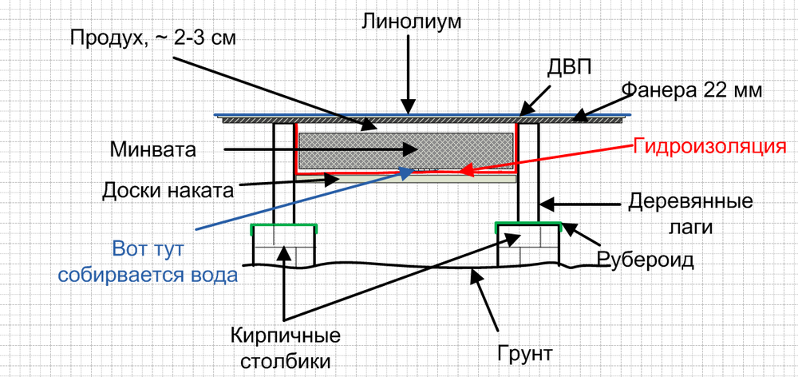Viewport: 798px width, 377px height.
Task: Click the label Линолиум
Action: coord(412,21)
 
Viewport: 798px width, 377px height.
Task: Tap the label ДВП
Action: coord(569,68)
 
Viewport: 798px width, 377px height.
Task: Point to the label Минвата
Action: coord(164,149)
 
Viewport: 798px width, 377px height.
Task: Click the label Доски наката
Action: coord(169,191)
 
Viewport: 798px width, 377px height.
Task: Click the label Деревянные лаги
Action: coord(690,212)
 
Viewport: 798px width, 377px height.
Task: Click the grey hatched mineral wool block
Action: coord(405,148)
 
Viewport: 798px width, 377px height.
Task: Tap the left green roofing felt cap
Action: coord(284,227)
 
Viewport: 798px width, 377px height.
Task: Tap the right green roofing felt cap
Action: coord(527,225)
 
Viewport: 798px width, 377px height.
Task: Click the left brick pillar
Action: coord(284,248)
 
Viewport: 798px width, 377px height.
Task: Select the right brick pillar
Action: coord(527,248)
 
